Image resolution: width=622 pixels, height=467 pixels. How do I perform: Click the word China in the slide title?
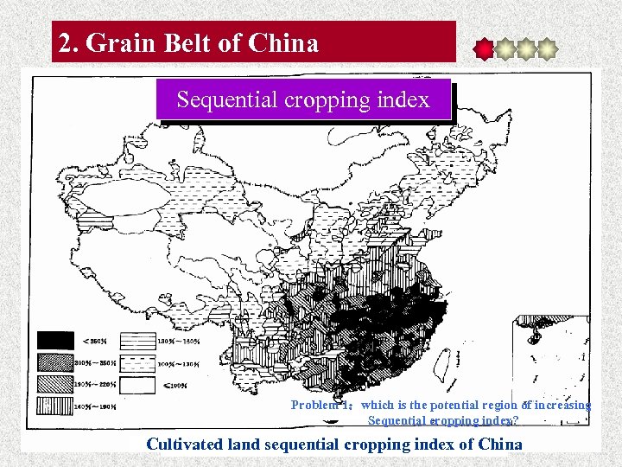[282, 42]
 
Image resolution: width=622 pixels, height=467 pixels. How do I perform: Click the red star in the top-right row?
[485, 49]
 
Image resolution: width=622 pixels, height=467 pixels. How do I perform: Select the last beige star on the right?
[546, 49]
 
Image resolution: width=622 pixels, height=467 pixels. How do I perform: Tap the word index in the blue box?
[403, 100]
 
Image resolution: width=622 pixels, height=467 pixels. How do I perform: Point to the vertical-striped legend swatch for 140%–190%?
[54, 404]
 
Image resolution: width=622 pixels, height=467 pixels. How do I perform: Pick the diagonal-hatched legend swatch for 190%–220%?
[54, 383]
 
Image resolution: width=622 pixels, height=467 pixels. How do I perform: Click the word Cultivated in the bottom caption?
[182, 445]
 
